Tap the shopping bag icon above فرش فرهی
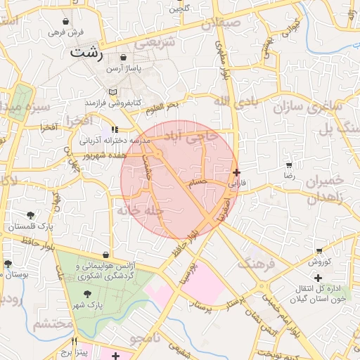66,22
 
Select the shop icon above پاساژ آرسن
124,58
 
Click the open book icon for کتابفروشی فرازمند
113,92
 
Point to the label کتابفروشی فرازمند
110,103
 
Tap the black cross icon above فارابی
236,172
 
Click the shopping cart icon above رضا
289,165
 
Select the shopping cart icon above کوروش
319,251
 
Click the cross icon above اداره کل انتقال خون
319,278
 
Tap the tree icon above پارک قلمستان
31,215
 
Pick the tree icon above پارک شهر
87,294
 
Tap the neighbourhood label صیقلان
240,23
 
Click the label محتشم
53,324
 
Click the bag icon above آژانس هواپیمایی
105,255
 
